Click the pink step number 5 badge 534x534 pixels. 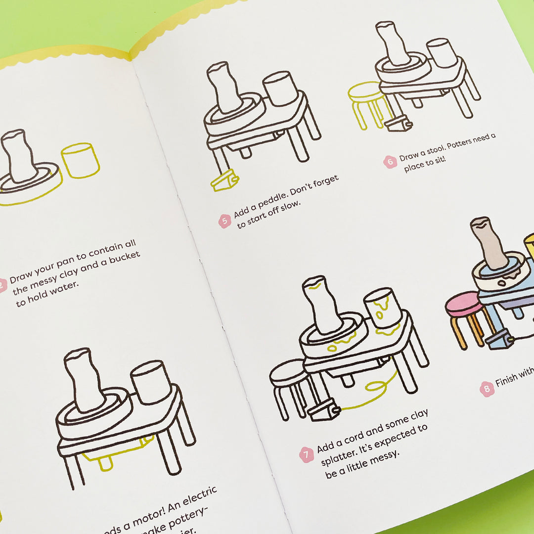click(x=225, y=221)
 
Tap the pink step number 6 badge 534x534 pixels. click(x=390, y=162)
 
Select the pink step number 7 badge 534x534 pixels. click(x=307, y=454)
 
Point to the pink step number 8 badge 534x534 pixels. click(x=487, y=389)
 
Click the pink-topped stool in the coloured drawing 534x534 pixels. click(x=465, y=316)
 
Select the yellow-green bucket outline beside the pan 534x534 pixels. click(x=80, y=160)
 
